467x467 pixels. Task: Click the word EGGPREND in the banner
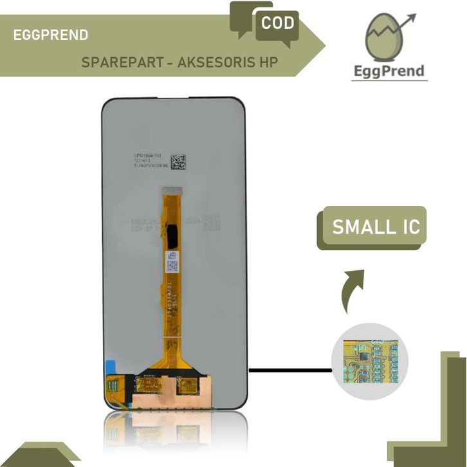pos(51,35)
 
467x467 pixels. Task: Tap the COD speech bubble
pos(278,24)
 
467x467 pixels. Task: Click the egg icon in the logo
pos(383,42)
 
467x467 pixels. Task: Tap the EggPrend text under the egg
pos(390,70)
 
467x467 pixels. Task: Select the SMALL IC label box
pos(372,228)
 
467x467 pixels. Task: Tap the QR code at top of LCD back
pos(178,161)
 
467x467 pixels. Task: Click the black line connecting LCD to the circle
pos(289,370)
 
